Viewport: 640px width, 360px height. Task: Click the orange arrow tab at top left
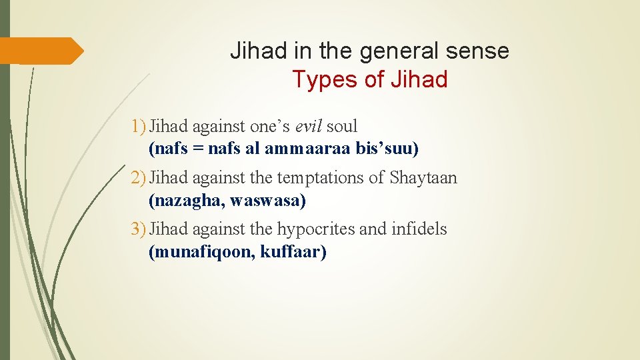point(41,51)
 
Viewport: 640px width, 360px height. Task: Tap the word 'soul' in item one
point(342,126)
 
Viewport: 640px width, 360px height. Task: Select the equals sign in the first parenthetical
point(197,149)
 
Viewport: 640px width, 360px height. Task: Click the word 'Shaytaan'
point(423,178)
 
